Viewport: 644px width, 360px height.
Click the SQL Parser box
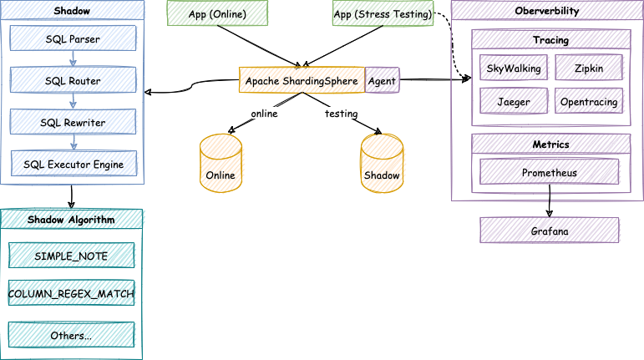[x=74, y=38]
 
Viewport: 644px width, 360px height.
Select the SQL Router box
[x=74, y=80]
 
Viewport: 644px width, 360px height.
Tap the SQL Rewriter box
[x=74, y=122]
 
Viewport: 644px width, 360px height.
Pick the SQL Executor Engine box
[x=74, y=164]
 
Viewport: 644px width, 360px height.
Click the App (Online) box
[x=217, y=13]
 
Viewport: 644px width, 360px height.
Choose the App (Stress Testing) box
[x=383, y=13]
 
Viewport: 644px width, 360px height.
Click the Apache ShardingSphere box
[x=302, y=80]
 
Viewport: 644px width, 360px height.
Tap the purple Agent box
[x=382, y=80]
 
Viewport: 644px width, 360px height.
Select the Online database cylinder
[x=221, y=164]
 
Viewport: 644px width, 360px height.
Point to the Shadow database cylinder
[x=382, y=164]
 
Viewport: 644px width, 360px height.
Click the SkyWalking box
[x=514, y=68]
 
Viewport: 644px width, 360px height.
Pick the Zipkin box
[x=589, y=68]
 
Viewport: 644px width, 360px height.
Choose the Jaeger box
[x=514, y=101]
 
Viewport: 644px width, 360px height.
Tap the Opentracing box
[x=589, y=101]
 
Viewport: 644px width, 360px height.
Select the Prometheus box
[x=550, y=172]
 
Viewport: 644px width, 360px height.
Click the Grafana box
[x=550, y=231]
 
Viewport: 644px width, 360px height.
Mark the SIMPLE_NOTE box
[x=72, y=256]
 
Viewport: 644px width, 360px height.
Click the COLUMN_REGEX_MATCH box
[x=72, y=293]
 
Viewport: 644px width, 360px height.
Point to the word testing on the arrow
[x=342, y=114]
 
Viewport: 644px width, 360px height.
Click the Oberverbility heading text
[x=547, y=11]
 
